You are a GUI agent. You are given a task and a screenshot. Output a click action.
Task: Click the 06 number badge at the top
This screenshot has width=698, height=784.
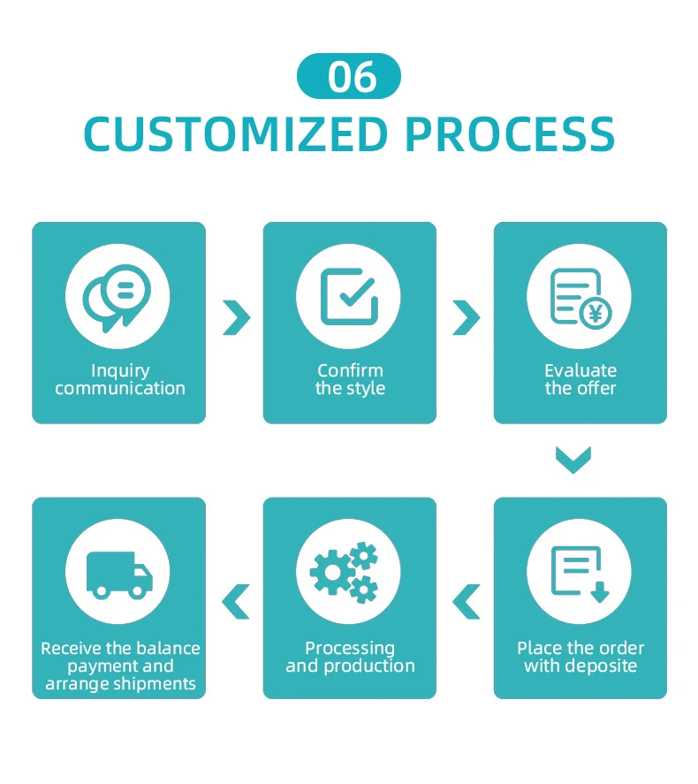[349, 76]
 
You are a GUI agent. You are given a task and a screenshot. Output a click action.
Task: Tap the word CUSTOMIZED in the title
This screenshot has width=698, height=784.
[235, 134]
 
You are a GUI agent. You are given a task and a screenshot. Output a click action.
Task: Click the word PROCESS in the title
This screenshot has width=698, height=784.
[510, 134]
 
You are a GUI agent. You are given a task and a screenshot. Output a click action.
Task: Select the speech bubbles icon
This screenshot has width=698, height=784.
[118, 296]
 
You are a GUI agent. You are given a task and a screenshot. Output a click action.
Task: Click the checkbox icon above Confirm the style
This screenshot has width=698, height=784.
[349, 296]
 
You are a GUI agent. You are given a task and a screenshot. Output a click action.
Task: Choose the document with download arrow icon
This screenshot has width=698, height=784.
[580, 573]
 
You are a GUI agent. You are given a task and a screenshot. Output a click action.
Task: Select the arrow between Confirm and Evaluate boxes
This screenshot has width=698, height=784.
[466, 317]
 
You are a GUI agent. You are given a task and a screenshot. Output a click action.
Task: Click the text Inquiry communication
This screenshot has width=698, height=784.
[120, 380]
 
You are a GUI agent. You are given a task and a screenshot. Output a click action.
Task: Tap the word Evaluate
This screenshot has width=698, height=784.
[580, 371]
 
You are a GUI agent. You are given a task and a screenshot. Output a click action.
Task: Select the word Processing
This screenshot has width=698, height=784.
[350, 649]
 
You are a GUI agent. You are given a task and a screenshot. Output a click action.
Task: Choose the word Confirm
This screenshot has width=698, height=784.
[350, 371]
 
